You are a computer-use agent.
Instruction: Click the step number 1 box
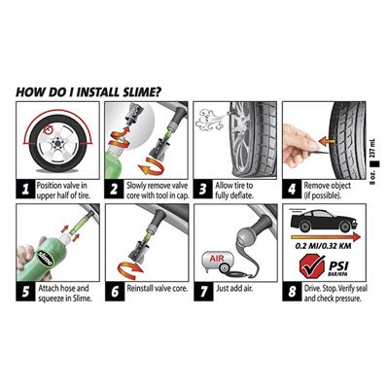(25, 189)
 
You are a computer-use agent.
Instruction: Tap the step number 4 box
(292, 189)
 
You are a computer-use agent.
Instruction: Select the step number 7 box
(203, 292)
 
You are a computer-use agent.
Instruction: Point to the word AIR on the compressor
(217, 259)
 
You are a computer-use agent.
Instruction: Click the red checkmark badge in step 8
(312, 265)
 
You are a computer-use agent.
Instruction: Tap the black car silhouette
(324, 221)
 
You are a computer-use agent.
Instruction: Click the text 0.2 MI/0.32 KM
(323, 246)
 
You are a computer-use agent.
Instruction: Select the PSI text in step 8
(338, 265)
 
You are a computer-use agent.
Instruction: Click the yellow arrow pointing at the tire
(327, 141)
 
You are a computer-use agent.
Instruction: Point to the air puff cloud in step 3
(211, 120)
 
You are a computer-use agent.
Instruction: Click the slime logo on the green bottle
(45, 258)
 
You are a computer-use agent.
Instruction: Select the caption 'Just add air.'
(234, 288)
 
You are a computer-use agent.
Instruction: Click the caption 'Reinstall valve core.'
(158, 288)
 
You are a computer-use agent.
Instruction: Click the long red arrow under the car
(326, 237)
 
